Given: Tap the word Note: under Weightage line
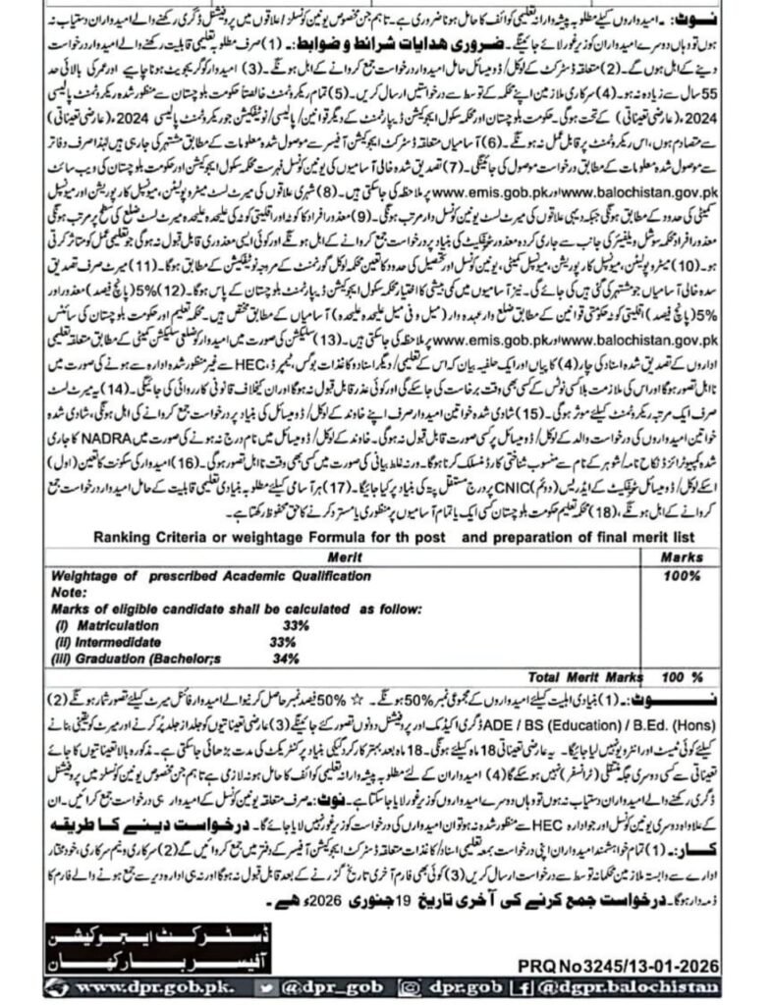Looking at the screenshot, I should coord(68,593).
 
